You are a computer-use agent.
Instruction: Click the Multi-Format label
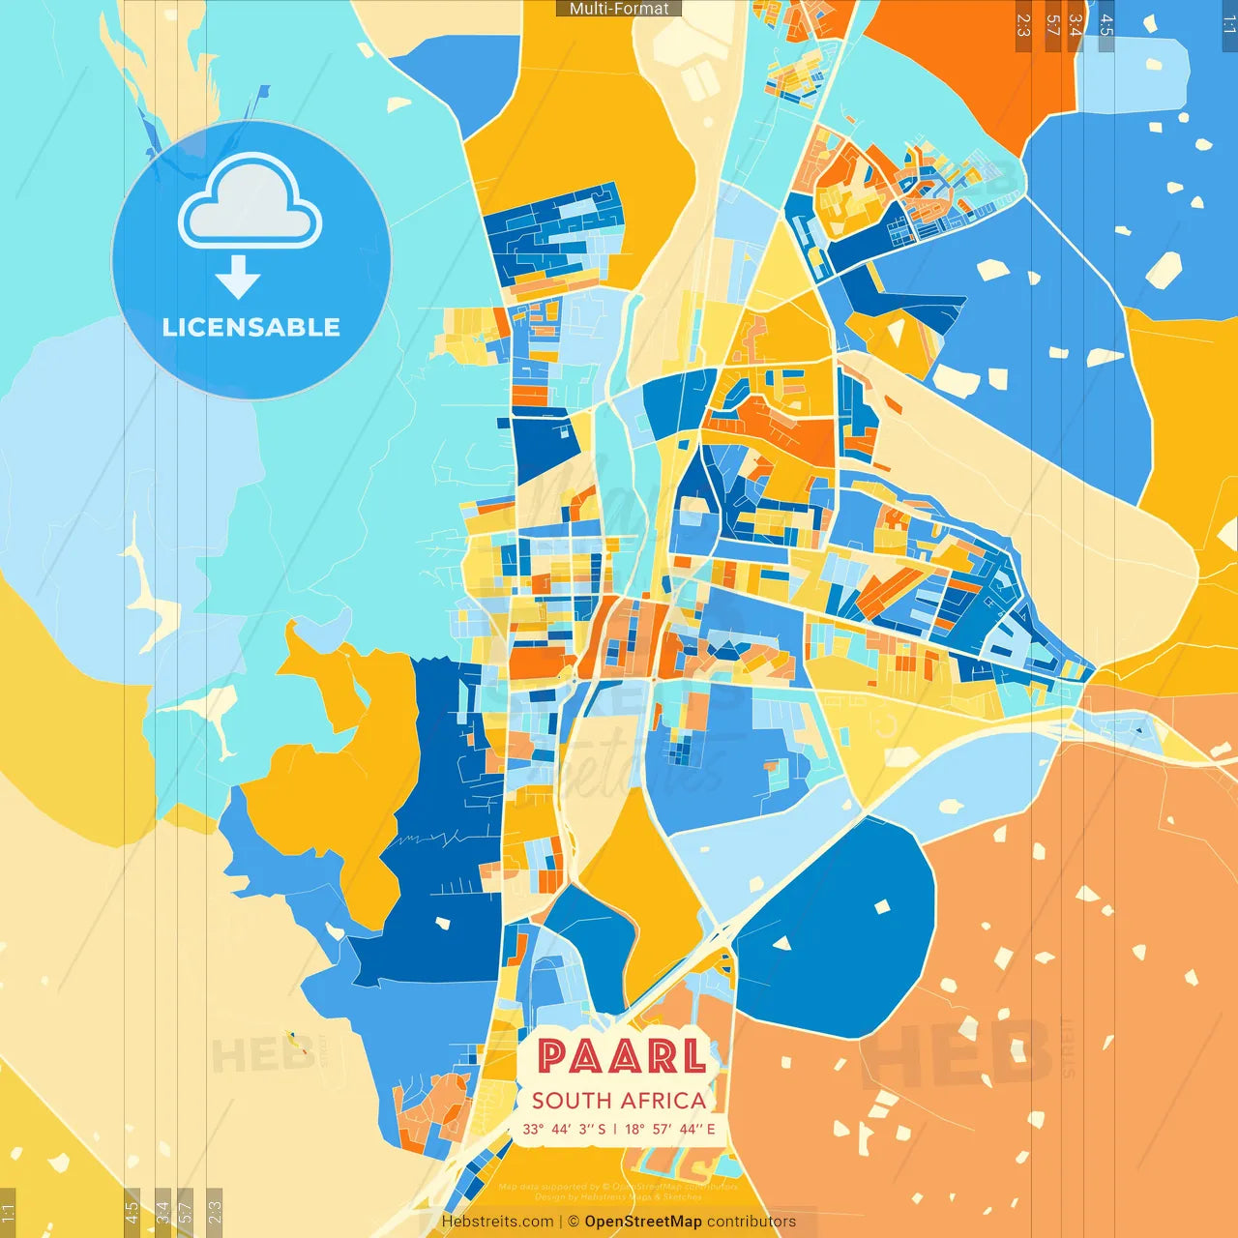619,9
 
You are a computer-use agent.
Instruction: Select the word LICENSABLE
251,328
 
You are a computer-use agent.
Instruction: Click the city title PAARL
621,1056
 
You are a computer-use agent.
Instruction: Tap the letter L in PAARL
693,1056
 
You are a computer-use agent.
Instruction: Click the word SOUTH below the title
572,1101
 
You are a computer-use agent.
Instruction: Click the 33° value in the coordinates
533,1129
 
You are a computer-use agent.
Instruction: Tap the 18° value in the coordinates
634,1129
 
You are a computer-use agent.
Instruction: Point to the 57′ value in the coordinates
664,1129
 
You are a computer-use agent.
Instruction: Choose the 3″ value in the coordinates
586,1129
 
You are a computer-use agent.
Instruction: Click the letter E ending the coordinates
711,1129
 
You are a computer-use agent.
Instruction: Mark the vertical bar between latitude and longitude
615,1129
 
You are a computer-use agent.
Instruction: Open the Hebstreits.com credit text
497,1222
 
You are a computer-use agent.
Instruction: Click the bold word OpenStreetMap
643,1222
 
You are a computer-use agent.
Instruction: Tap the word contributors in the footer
752,1222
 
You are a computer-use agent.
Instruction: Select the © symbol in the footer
574,1222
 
